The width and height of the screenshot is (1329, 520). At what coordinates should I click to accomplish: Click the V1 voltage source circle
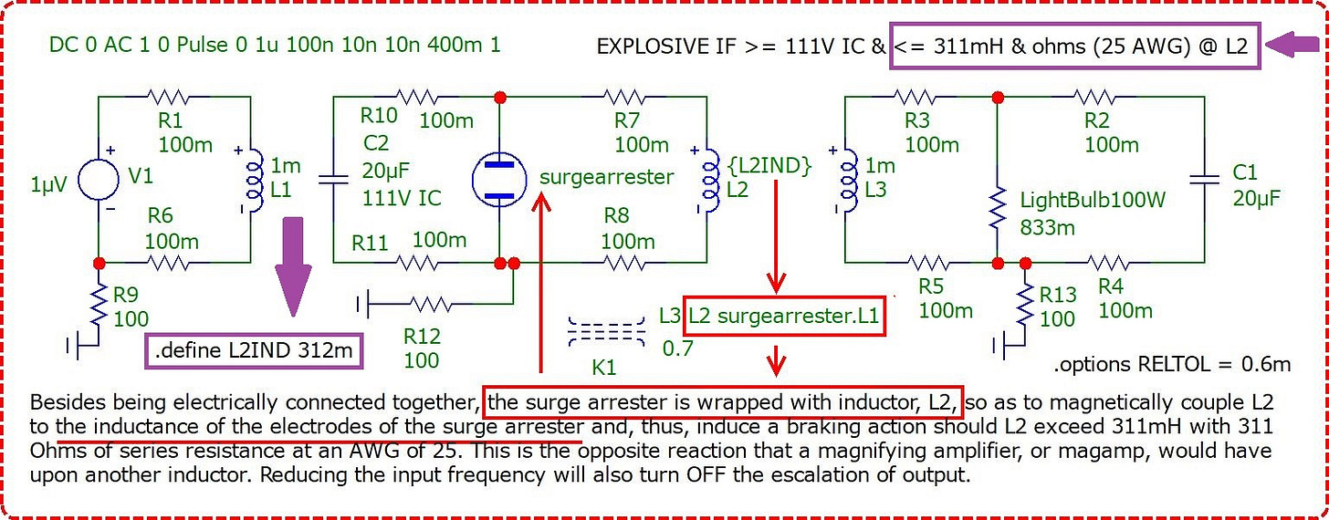pyautogui.click(x=99, y=179)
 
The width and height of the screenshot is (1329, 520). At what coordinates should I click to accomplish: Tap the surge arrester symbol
pyautogui.click(x=499, y=179)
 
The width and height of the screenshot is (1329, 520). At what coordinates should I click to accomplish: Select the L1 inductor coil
pyautogui.click(x=256, y=181)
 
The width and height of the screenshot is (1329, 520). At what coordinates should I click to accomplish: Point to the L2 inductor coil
pyautogui.click(x=711, y=181)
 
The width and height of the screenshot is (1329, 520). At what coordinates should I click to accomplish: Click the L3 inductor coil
pyautogui.click(x=850, y=181)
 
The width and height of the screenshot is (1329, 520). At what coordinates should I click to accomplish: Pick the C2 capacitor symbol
pyautogui.click(x=333, y=179)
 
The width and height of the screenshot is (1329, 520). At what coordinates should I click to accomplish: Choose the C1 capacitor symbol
pyautogui.click(x=1205, y=179)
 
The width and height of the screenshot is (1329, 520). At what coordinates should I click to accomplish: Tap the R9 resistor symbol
pyautogui.click(x=99, y=307)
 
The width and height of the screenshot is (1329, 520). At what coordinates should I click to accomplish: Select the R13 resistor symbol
pyautogui.click(x=1025, y=307)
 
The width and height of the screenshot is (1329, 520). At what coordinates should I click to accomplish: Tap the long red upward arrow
pyautogui.click(x=541, y=282)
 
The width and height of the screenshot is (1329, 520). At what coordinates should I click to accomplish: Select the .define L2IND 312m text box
pyautogui.click(x=254, y=351)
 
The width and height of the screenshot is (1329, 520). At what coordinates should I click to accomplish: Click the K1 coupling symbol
pyautogui.click(x=606, y=331)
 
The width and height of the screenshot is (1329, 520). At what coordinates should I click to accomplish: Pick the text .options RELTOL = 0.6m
pyautogui.click(x=1172, y=364)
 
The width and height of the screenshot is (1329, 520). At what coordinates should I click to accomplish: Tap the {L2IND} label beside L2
pyautogui.click(x=769, y=166)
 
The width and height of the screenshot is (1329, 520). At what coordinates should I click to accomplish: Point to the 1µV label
pyautogui.click(x=48, y=184)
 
